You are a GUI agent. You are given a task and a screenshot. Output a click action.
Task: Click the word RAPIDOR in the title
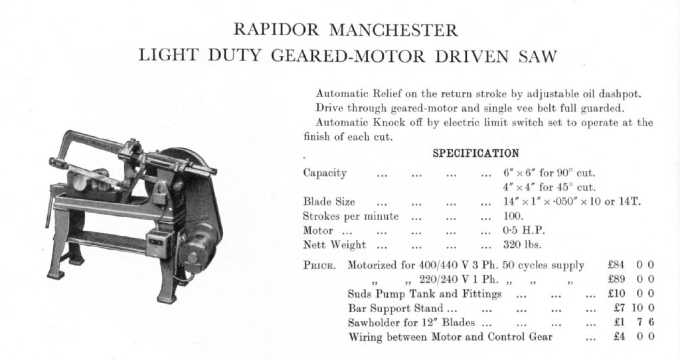(274, 30)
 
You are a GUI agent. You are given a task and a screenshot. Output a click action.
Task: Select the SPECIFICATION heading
(476, 154)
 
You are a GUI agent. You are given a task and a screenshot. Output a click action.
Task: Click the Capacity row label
(325, 173)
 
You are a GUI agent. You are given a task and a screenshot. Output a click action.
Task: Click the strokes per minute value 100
(513, 217)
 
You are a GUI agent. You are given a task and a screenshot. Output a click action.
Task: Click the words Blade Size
(329, 202)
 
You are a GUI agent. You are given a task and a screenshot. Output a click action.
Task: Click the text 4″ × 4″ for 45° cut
(549, 187)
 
